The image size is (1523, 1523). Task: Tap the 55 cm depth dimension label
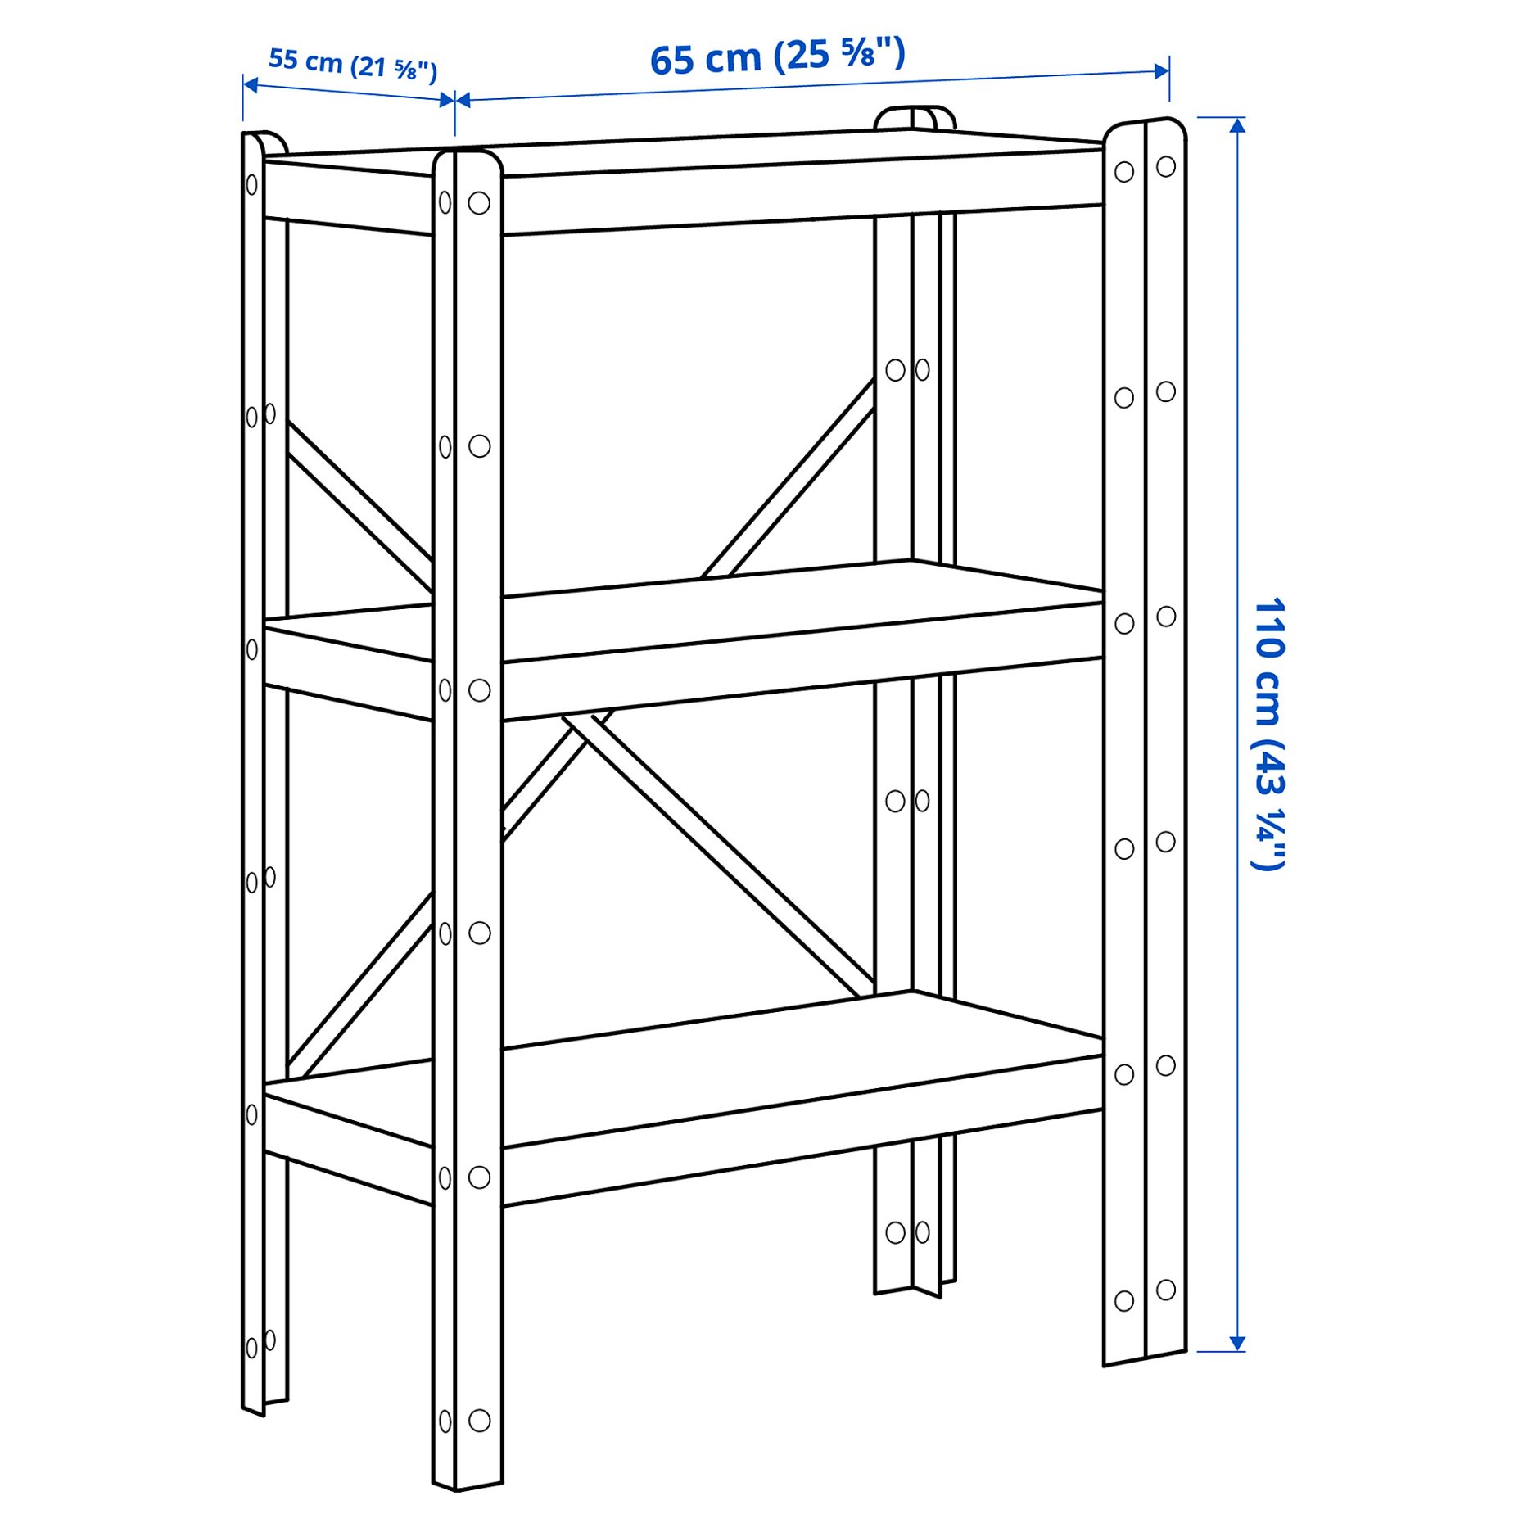click(x=352, y=64)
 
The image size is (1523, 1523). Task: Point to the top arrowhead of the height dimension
click(x=1237, y=124)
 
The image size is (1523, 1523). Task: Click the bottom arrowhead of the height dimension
click(x=1237, y=1344)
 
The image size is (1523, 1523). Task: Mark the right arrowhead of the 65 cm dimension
click(x=1162, y=71)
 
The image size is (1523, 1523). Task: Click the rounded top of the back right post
click(x=914, y=116)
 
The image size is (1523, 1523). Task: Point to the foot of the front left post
click(x=468, y=1482)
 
